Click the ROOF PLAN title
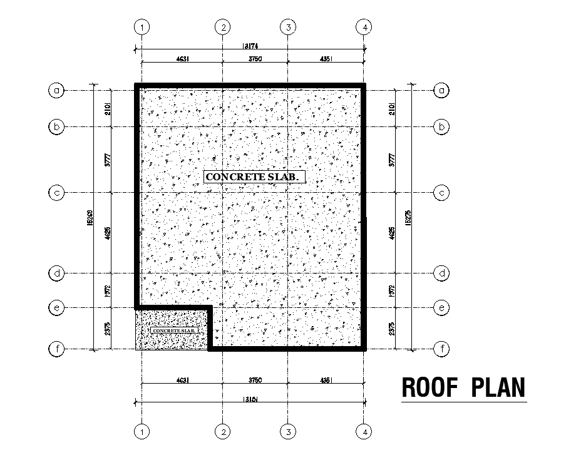click(x=463, y=387)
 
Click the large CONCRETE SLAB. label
click(x=255, y=177)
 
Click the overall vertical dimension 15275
click(x=409, y=217)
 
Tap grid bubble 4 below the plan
click(x=364, y=431)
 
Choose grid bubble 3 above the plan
click(x=288, y=27)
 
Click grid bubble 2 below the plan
click(x=223, y=431)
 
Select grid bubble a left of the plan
click(x=57, y=91)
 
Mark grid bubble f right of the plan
click(x=442, y=349)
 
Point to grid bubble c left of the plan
click(x=57, y=193)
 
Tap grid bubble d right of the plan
click(x=442, y=274)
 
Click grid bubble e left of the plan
click(x=57, y=308)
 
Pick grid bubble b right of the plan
click(x=442, y=127)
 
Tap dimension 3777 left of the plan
click(x=108, y=160)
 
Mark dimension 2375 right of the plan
click(x=393, y=329)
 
